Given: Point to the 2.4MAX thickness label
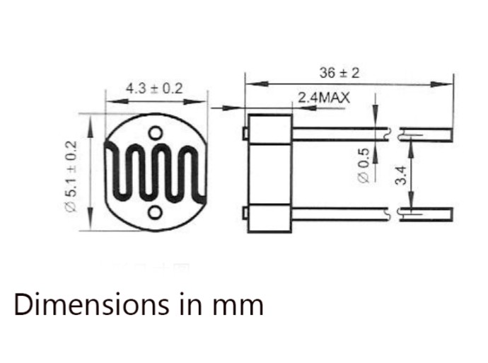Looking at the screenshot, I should (323, 98).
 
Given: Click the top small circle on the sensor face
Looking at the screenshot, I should (156, 132).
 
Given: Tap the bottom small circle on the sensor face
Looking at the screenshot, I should (156, 212).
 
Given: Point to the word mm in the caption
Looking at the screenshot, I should (242, 305).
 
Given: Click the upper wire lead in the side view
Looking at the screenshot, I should (339, 132).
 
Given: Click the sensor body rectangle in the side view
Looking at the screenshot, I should (269, 173).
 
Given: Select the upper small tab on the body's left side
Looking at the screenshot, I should (244, 132).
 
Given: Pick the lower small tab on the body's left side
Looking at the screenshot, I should (244, 212).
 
